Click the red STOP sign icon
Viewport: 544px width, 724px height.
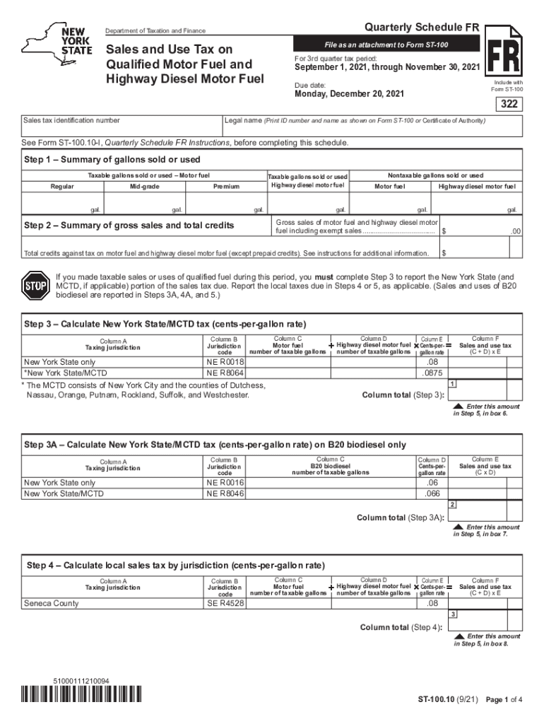click(x=35, y=286)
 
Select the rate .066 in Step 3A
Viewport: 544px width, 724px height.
click(x=432, y=494)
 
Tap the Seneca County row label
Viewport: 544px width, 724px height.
click(x=52, y=603)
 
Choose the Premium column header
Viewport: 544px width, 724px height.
click(x=226, y=187)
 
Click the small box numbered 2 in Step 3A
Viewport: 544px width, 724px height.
click(x=451, y=504)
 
